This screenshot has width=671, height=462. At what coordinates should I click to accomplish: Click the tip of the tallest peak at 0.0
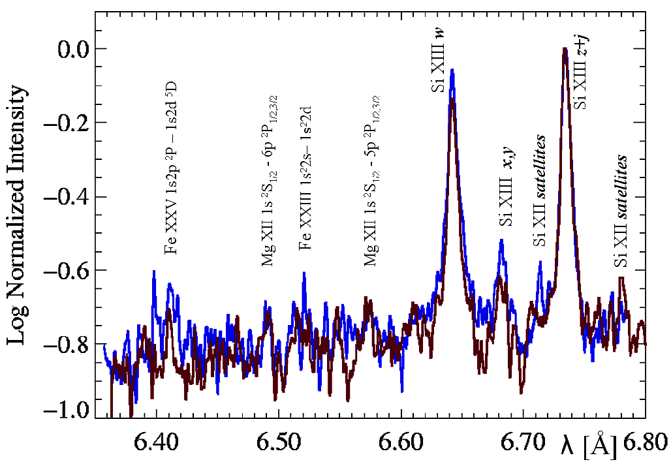(x=564, y=49)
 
